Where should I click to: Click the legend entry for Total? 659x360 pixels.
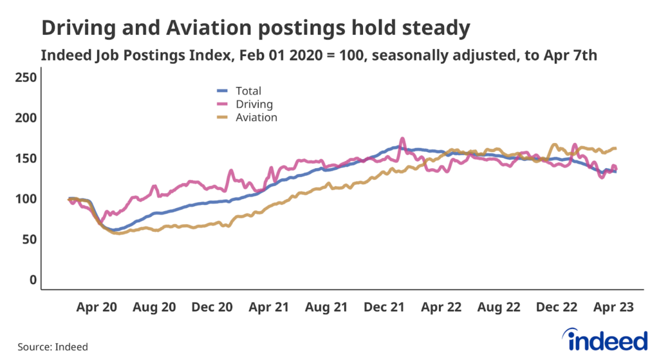pos(248,91)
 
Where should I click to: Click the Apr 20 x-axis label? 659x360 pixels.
pos(97,308)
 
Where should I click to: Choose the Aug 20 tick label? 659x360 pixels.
pos(154,308)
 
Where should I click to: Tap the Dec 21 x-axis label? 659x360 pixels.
pos(384,308)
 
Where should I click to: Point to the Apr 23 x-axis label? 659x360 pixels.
pos(613,308)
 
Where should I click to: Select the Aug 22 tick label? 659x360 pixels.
pos(499,308)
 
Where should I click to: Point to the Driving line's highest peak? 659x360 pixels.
pos(403,138)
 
